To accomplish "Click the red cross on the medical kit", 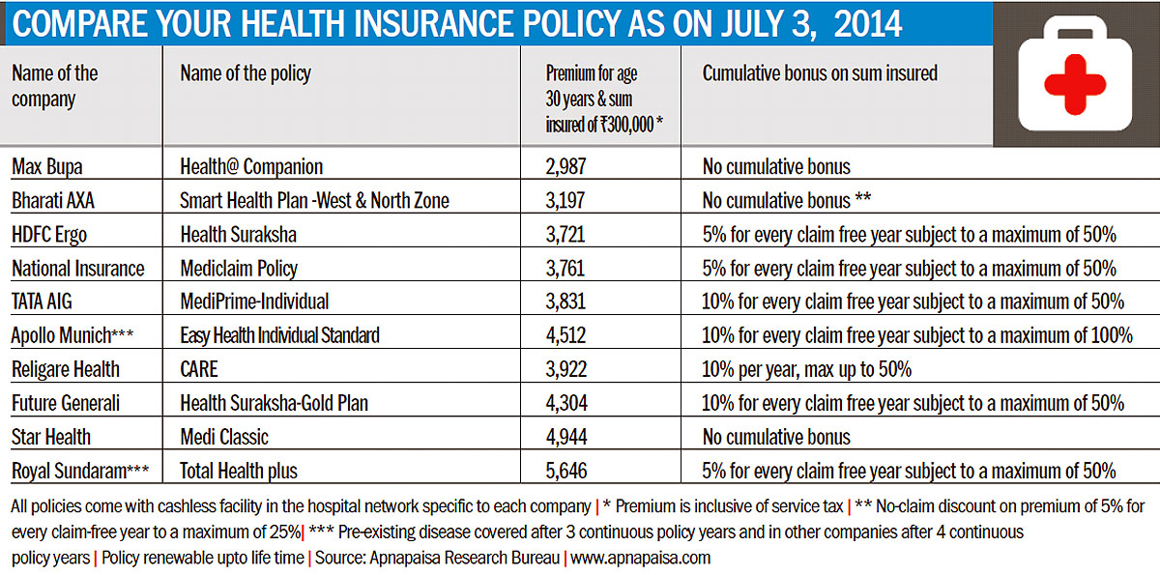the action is pyautogui.click(x=1075, y=84).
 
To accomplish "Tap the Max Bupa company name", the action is pyautogui.click(x=47, y=166).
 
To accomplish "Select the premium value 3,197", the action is pyautogui.click(x=565, y=200).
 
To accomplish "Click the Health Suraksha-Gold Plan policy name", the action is pyautogui.click(x=274, y=403).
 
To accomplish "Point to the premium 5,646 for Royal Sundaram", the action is pyautogui.click(x=566, y=471).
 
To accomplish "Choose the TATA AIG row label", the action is pyautogui.click(x=42, y=302).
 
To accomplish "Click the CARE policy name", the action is pyautogui.click(x=199, y=369).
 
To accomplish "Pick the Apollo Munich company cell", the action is pyautogui.click(x=72, y=335).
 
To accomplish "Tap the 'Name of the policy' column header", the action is pyautogui.click(x=246, y=73).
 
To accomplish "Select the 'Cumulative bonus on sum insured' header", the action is pyautogui.click(x=820, y=73).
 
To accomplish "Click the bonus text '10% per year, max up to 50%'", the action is pyautogui.click(x=806, y=369).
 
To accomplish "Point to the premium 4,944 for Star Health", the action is pyautogui.click(x=566, y=437).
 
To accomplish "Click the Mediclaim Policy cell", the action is pyautogui.click(x=239, y=268).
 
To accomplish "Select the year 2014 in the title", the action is pyautogui.click(x=868, y=24).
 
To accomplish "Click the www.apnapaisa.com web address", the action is pyautogui.click(x=640, y=558).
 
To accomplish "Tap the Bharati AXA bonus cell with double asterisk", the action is pyautogui.click(x=786, y=200).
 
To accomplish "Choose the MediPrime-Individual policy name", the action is pyautogui.click(x=254, y=302).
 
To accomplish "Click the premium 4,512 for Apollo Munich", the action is pyautogui.click(x=565, y=335).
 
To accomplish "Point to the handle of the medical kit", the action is pyautogui.click(x=1075, y=27).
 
